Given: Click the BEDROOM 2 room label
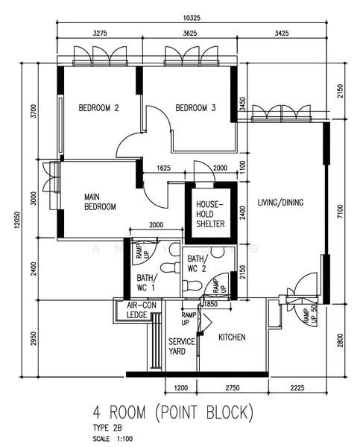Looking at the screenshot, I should click(x=99, y=108).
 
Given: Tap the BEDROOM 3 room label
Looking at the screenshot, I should click(x=195, y=108).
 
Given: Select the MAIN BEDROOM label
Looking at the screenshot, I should click(x=99, y=201).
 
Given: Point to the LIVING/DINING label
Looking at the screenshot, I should click(x=281, y=203).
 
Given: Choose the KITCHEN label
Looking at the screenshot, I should click(x=232, y=337).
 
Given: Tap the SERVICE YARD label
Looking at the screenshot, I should click(x=181, y=346).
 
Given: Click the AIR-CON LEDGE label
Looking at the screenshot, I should click(x=140, y=311).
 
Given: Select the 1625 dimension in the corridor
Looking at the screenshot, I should click(x=165, y=169).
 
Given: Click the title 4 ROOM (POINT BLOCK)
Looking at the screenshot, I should click(x=173, y=411).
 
